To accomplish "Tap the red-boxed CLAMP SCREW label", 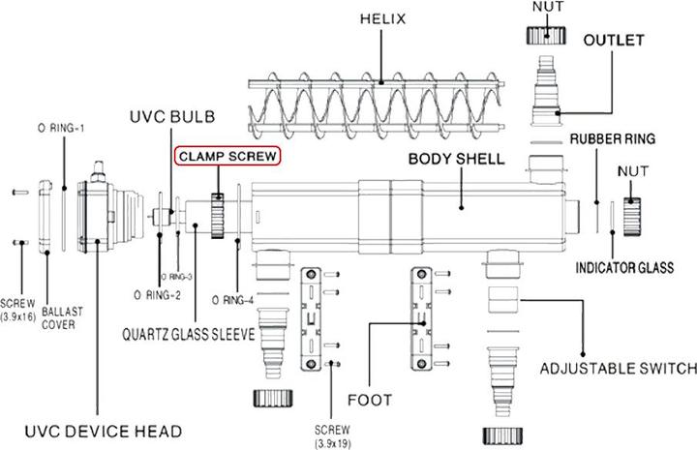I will tap(226, 156).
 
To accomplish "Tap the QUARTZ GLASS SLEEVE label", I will tap(189, 336).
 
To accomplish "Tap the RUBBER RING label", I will tap(613, 138).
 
